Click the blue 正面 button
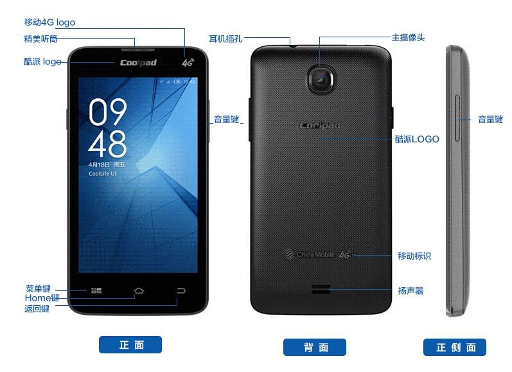pyautogui.click(x=130, y=344)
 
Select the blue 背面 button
pyautogui.click(x=314, y=347)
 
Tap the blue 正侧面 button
pyautogui.click(x=455, y=347)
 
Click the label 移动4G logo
pyautogui.click(x=49, y=22)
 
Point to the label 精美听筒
pyautogui.click(x=40, y=39)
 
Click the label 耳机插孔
pyautogui.click(x=225, y=39)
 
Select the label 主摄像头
pyautogui.click(x=408, y=37)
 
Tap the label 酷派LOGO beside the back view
pyautogui.click(x=417, y=139)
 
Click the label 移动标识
pyautogui.click(x=414, y=256)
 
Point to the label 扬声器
pyautogui.click(x=410, y=290)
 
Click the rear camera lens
pyautogui.click(x=321, y=80)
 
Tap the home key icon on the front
pyautogui.click(x=139, y=290)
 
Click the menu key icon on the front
pyautogui.click(x=96, y=290)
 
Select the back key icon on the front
pyautogui.click(x=181, y=290)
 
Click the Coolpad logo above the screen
pyautogui.click(x=139, y=63)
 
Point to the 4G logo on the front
pyautogui.click(x=188, y=62)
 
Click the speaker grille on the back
pyautogui.click(x=321, y=289)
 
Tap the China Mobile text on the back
pyautogui.click(x=315, y=254)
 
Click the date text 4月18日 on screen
pyautogui.click(x=100, y=164)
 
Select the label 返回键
pyautogui.click(x=37, y=308)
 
